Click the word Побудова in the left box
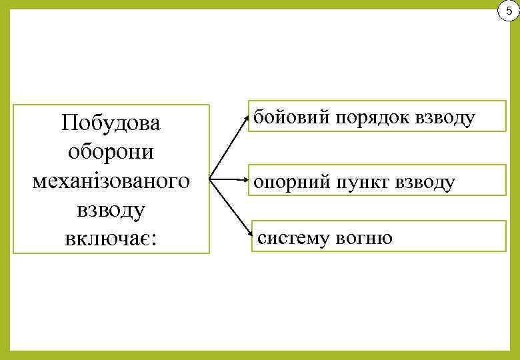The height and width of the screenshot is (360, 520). coord(111,123)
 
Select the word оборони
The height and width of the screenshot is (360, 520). coord(111,151)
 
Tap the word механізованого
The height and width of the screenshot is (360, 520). coord(111,180)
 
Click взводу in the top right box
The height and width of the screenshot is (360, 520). coord(445,118)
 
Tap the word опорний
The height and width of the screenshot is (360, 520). coord(289,182)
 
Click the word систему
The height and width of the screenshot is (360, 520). coord(296,238)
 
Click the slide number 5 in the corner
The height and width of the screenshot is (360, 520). coord(509,11)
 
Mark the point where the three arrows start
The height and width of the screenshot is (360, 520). coord(210,179)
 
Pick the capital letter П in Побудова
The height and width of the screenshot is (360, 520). coord(67,123)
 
